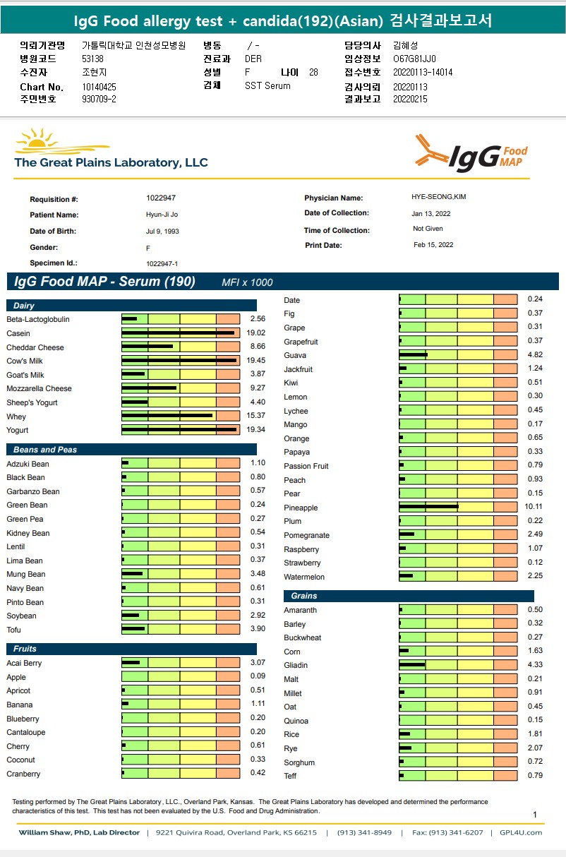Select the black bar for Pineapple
pos(428,507)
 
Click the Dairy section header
pos(24,306)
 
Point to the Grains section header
pos(304,596)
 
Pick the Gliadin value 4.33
pos(535,665)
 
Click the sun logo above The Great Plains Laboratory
pos(41,140)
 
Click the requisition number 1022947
pos(161,198)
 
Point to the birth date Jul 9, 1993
pos(163,232)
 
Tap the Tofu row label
pos(14,629)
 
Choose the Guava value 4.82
pos(535,355)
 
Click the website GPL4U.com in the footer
pos(521,832)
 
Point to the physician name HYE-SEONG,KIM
pos(438,197)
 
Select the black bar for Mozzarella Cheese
pos(149,388)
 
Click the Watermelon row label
pos(304,577)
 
